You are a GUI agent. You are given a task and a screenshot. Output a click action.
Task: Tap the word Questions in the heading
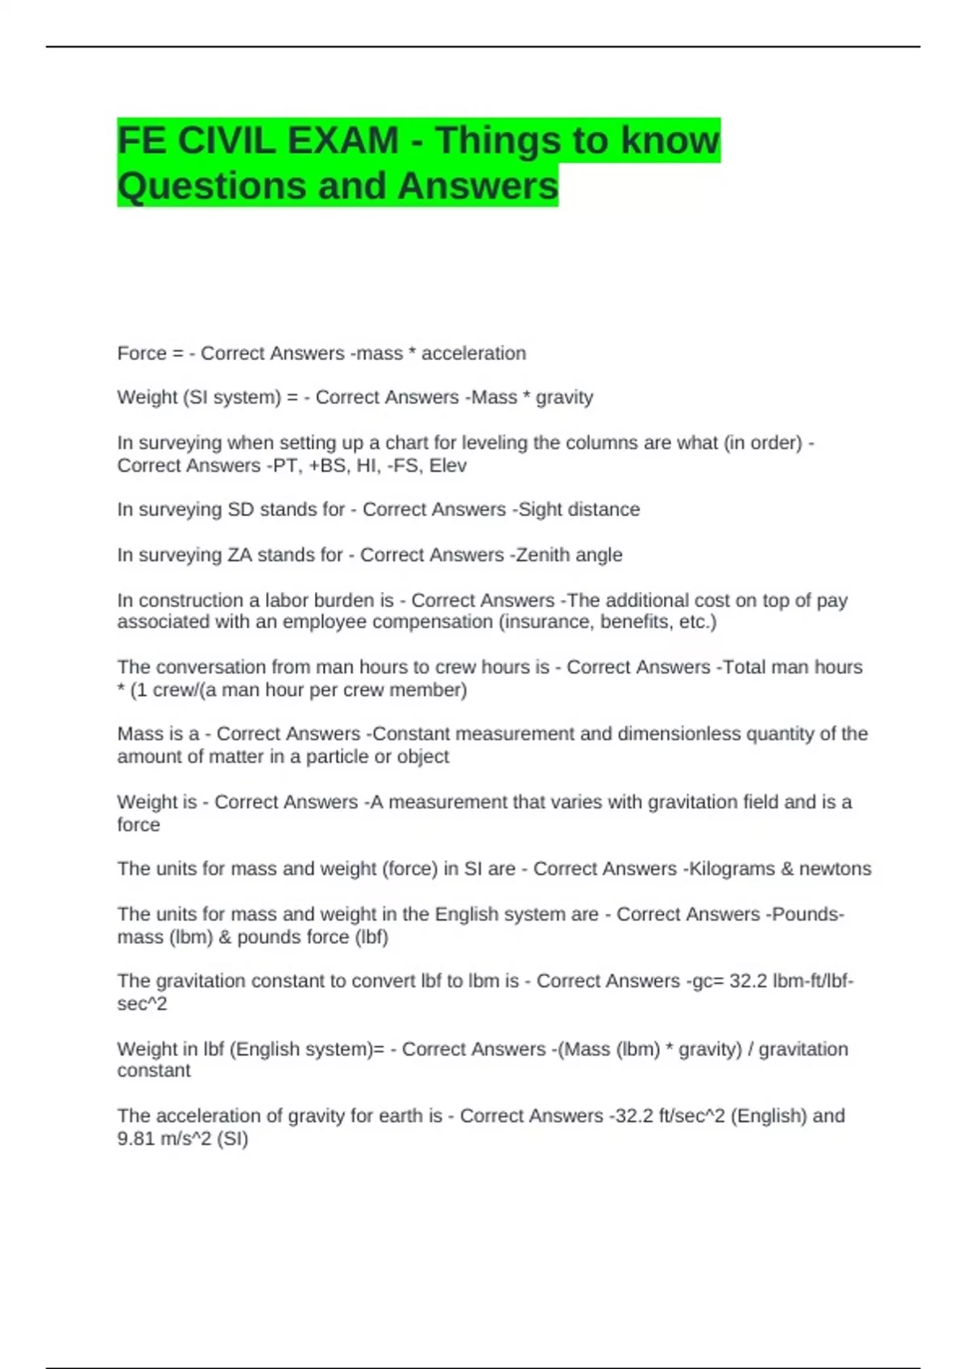[x=211, y=186]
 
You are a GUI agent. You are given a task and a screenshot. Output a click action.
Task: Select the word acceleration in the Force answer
[x=474, y=354]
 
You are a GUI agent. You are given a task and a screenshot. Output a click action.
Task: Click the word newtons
[x=835, y=869]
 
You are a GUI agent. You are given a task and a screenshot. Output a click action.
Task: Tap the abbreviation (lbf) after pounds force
[x=371, y=937]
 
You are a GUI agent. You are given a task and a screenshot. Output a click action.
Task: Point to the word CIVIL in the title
[x=226, y=141]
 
